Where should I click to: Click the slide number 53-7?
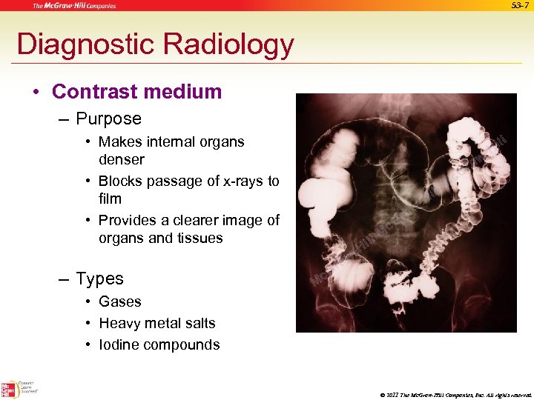pyautogui.click(x=520, y=6)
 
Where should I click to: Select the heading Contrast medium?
pyautogui.click(x=137, y=92)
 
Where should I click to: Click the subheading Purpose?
pyautogui.click(x=108, y=119)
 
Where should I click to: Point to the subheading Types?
pyautogui.click(x=99, y=279)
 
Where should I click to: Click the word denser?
pyautogui.click(x=122, y=159)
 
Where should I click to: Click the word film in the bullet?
pyautogui.click(x=110, y=199)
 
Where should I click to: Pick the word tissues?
pyautogui.click(x=198, y=238)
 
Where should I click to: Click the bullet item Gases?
pyautogui.click(x=119, y=301)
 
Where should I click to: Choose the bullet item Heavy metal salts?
pyautogui.click(x=156, y=323)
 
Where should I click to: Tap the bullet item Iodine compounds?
pyautogui.click(x=159, y=344)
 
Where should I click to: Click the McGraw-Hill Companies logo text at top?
pyautogui.click(x=73, y=6)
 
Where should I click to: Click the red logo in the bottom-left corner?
pyautogui.click(x=10, y=388)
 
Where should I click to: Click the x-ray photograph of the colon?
pyautogui.click(x=406, y=213)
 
